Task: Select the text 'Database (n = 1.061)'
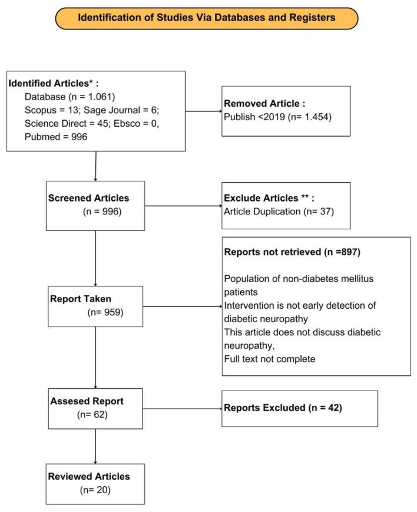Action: click(69, 97)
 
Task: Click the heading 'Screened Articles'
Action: click(88, 197)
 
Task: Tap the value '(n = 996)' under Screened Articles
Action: click(102, 210)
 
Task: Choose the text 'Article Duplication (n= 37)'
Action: click(279, 210)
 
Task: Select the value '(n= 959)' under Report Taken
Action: click(104, 312)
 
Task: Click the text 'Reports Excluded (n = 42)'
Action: click(282, 407)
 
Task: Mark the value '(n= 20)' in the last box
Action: click(95, 489)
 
